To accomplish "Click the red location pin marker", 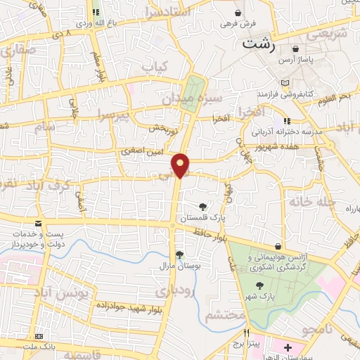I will pos(181,165).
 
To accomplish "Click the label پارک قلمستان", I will pos(202,219).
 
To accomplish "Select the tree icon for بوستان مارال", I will pos(180,254).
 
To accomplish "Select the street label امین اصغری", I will pos(140,150).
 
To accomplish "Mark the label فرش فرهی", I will pos(235,24).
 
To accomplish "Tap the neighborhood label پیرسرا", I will pos(115,114).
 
